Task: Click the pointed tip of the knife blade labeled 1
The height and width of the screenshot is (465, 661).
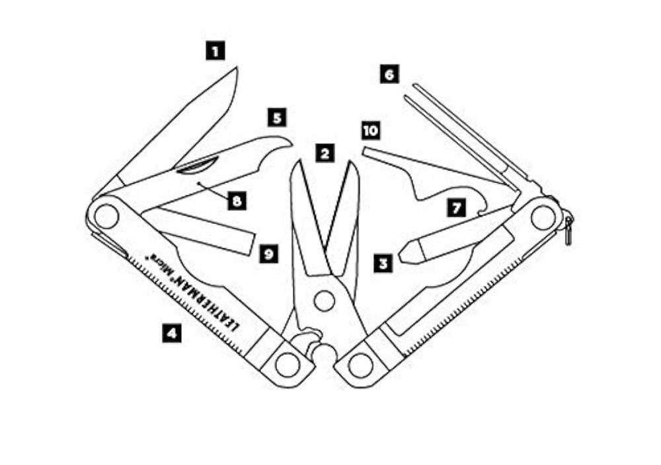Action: point(236,67)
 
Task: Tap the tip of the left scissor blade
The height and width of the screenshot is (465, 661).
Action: point(299,161)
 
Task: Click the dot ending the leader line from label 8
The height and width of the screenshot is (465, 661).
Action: point(198,183)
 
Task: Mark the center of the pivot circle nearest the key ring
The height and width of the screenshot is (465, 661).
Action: point(543,218)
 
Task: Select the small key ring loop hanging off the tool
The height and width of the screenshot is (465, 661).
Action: point(568,230)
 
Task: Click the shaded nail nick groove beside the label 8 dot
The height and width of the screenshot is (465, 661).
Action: point(197,165)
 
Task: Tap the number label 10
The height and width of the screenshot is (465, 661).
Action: point(371,131)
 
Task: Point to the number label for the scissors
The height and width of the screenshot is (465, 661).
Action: point(325,154)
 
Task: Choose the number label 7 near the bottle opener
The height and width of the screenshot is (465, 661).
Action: point(457,208)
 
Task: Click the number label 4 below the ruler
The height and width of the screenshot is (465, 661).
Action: point(172,333)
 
